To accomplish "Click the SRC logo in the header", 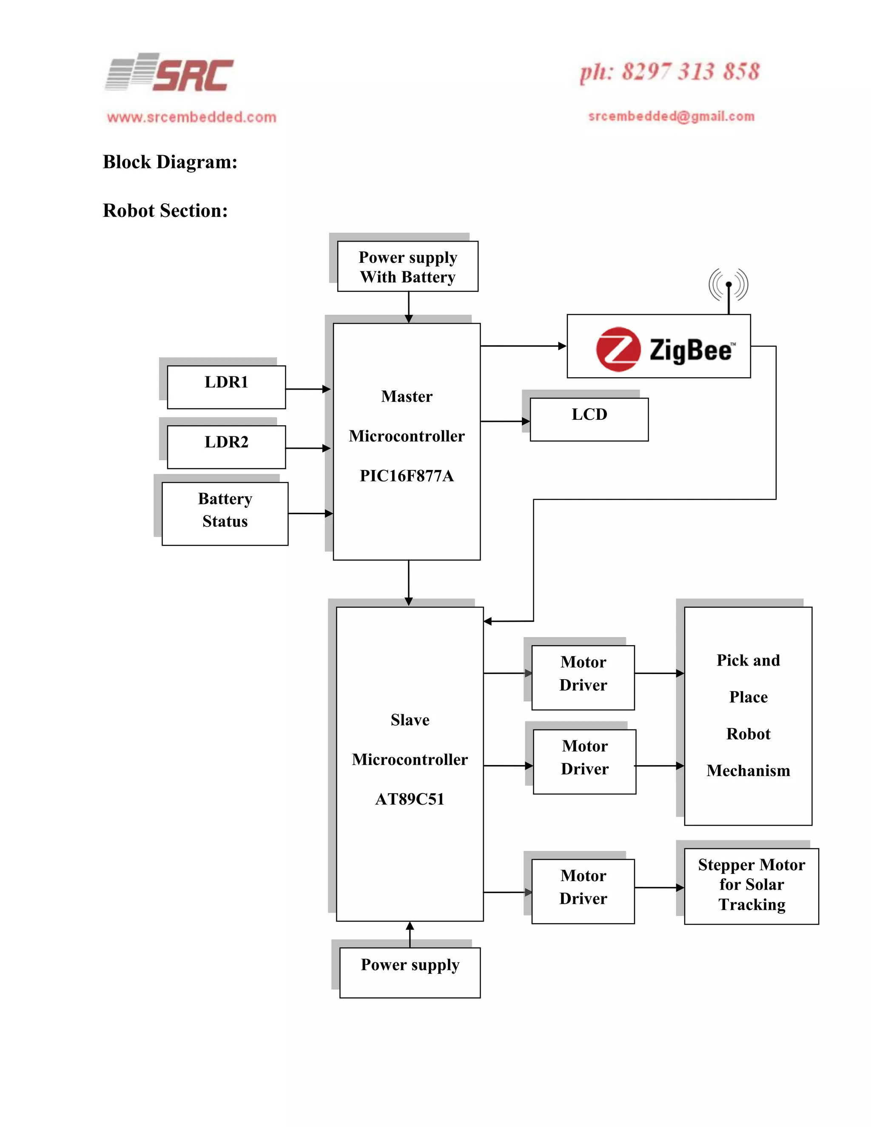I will [169, 73].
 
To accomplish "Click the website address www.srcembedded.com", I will [191, 117].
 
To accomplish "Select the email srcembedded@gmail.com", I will [671, 117].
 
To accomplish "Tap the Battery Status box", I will [225, 513].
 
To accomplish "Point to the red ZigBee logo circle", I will [618, 349].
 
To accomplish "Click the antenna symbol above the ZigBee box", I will [728, 285].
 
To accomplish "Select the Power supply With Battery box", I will [407, 266].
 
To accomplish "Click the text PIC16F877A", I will [407, 476].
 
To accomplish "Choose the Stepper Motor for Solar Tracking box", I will [751, 886].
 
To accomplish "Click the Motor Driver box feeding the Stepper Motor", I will [583, 891].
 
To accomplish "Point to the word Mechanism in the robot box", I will [748, 771].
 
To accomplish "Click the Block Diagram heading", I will [170, 162].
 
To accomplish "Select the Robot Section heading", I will [165, 211].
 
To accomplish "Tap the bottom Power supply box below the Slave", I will [410, 972].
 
